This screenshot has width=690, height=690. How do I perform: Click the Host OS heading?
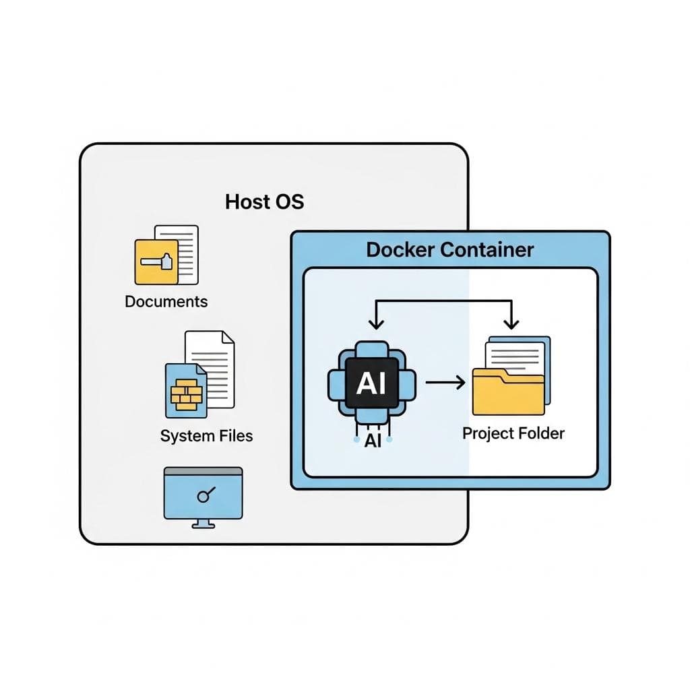pyautogui.click(x=264, y=201)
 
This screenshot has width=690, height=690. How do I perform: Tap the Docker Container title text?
pyautogui.click(x=449, y=249)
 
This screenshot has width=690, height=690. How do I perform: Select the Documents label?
pyautogui.click(x=166, y=301)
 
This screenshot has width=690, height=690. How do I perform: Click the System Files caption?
pyautogui.click(x=206, y=436)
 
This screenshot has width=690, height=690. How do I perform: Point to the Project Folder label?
pyautogui.click(x=513, y=433)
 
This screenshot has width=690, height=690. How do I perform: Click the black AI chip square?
pyautogui.click(x=371, y=383)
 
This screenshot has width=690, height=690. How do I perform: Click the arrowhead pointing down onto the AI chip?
pyautogui.click(x=377, y=323)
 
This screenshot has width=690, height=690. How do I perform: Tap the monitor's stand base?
pyautogui.click(x=203, y=526)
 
